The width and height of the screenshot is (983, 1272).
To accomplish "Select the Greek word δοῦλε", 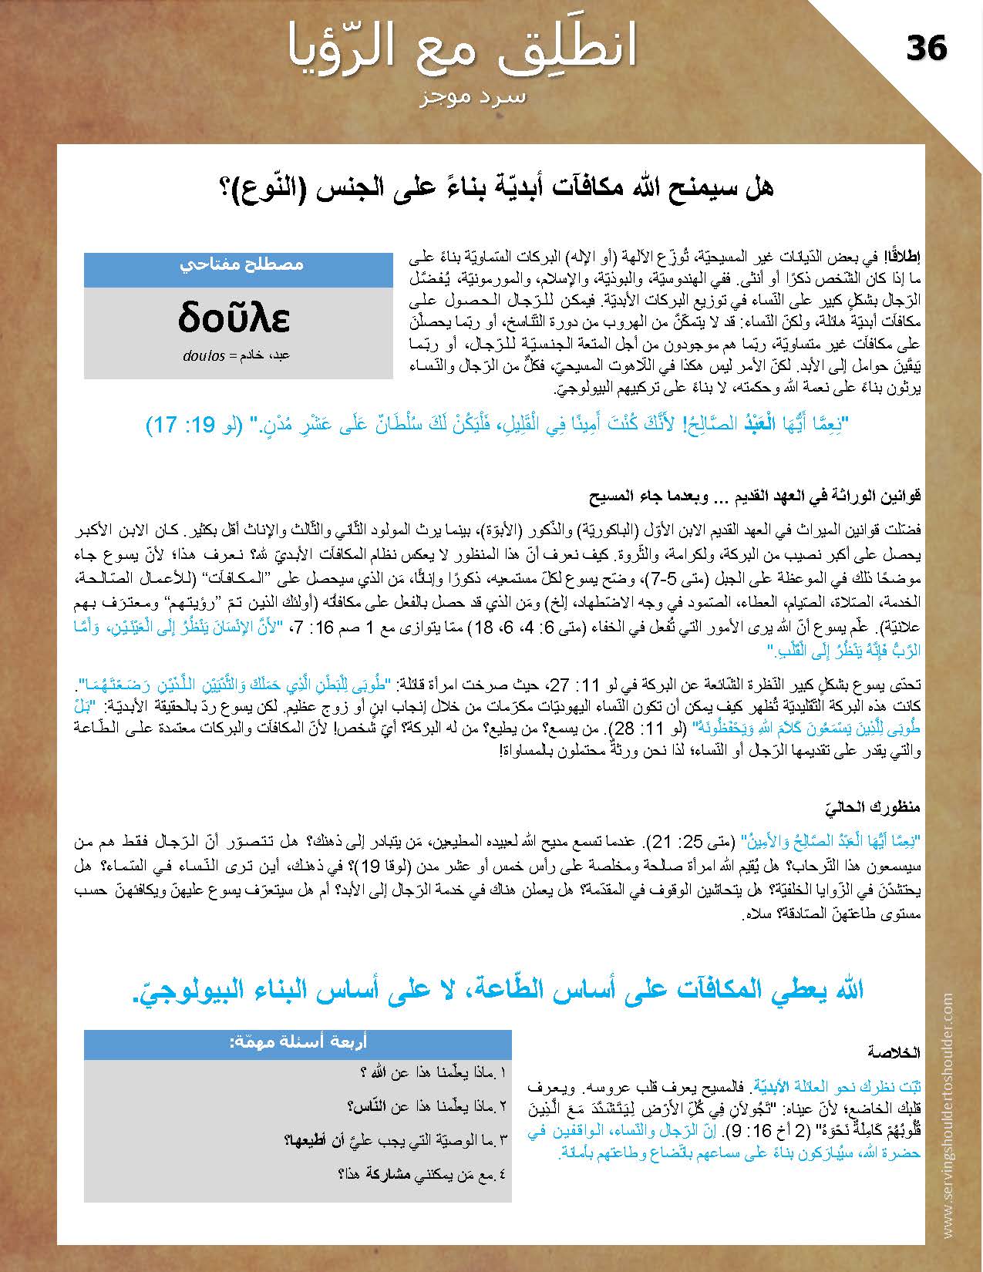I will coord(234,318).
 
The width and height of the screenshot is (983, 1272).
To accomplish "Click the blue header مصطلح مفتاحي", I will coord(240,264).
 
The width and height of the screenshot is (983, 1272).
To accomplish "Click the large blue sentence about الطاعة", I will coord(498,989).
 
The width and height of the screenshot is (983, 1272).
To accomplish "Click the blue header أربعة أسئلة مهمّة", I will coord(298,1042).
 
